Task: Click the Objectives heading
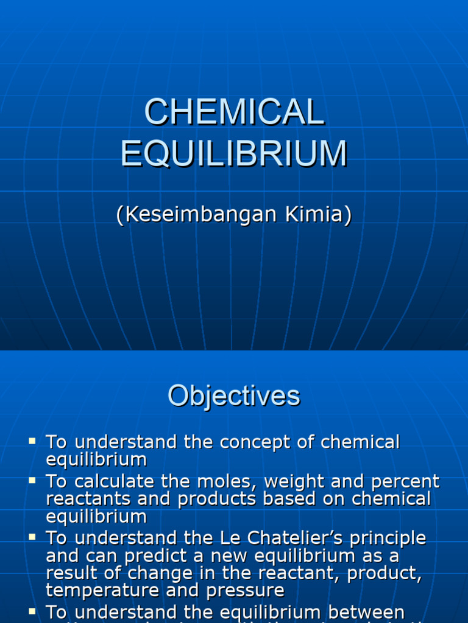(x=234, y=396)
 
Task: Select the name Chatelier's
(x=279, y=538)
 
